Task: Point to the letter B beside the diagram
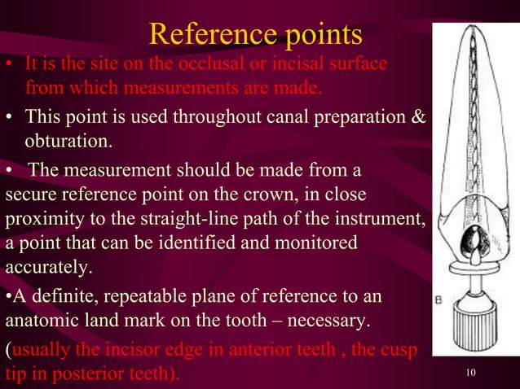[x=439, y=299]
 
